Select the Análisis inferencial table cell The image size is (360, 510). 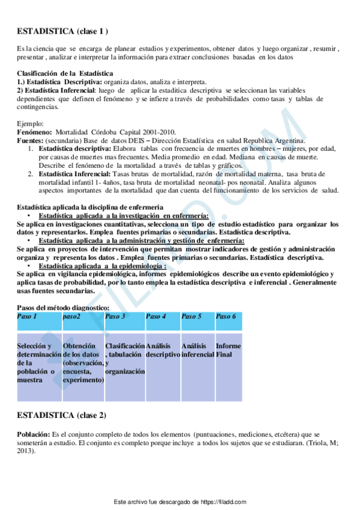(x=197, y=350)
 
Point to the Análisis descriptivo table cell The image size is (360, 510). (x=162, y=350)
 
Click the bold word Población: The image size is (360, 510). (x=34, y=434)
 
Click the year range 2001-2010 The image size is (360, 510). (x=158, y=132)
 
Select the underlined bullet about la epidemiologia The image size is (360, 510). (x=102, y=265)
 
